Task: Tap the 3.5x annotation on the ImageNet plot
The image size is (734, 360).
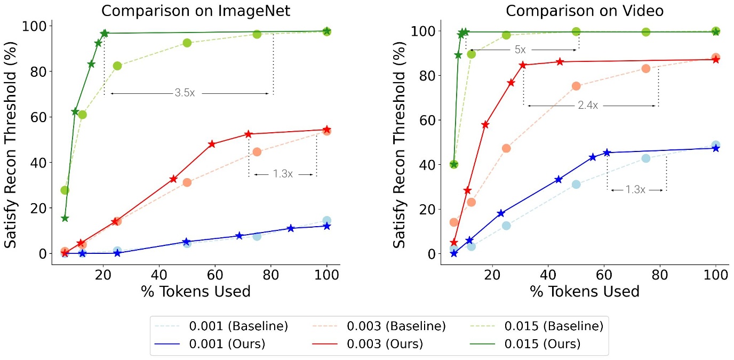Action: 185,93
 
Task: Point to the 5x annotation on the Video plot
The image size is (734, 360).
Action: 520,50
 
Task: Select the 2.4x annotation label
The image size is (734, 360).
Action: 588,106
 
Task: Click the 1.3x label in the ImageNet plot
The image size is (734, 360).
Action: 283,174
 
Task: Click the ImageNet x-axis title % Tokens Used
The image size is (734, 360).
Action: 196,291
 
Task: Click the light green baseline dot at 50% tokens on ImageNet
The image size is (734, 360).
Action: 187,43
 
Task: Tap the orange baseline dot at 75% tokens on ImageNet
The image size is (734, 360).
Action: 257,152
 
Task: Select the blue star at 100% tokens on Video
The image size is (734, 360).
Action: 715,148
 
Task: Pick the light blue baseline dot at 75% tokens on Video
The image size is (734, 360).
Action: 646,158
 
